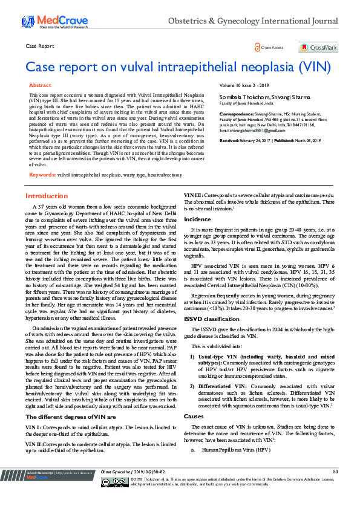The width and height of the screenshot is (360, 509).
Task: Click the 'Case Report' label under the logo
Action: coord(39,45)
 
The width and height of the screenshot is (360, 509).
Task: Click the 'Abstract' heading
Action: coord(40,86)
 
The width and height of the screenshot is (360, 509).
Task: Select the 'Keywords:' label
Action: coord(42,174)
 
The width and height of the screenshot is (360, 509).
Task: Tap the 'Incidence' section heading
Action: coord(197,218)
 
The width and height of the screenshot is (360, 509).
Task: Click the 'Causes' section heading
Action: coord(194,417)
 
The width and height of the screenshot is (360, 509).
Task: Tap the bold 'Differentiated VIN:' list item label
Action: coord(217,385)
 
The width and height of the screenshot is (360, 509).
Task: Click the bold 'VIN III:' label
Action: coord(194,196)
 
